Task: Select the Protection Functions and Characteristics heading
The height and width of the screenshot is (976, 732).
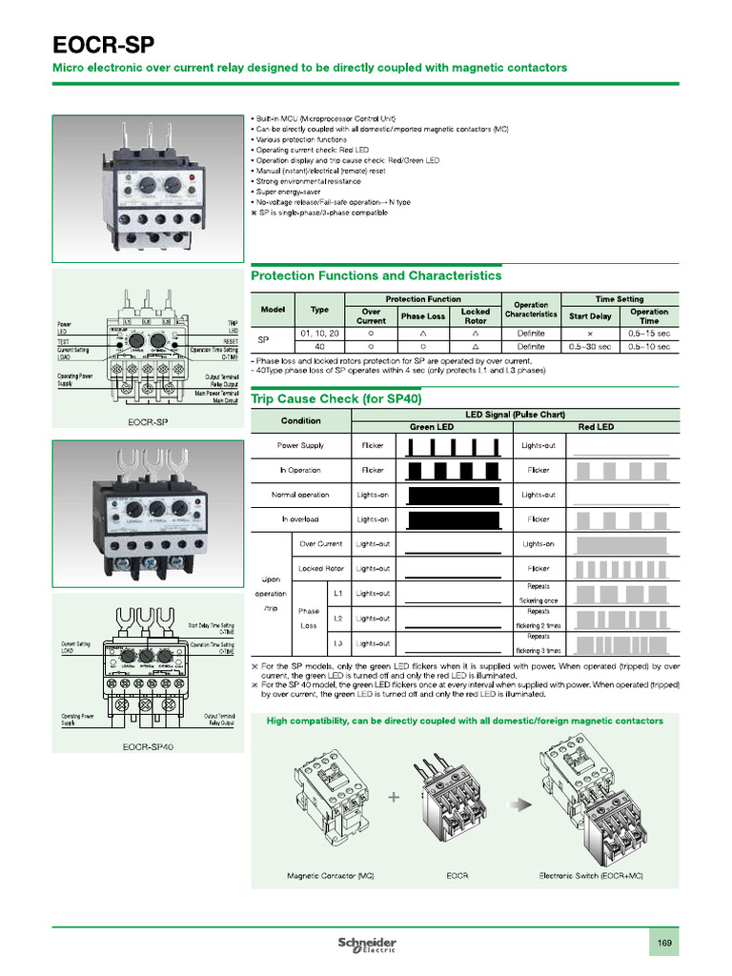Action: click(376, 275)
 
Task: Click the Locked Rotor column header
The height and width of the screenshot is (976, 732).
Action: click(475, 316)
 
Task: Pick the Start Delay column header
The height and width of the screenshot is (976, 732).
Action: click(591, 316)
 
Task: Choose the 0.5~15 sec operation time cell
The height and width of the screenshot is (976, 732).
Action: click(649, 333)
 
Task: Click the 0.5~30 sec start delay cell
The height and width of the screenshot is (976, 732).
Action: click(591, 346)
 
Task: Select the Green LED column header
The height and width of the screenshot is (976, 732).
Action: click(431, 427)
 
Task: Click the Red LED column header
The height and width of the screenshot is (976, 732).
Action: click(596, 427)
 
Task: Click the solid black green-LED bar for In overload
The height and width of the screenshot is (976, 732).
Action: click(453, 519)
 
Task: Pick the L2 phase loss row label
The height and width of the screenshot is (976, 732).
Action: click(337, 619)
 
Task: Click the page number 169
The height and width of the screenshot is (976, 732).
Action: click(664, 944)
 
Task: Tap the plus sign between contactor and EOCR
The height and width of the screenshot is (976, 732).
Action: click(393, 797)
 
